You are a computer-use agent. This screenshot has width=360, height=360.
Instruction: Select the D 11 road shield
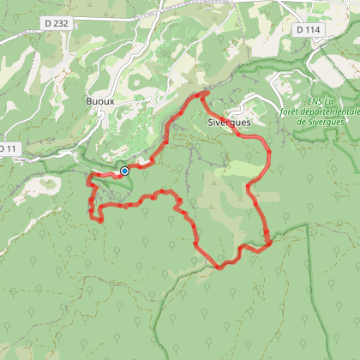(x=6, y=149)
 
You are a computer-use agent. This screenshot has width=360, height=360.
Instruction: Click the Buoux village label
(x=99, y=101)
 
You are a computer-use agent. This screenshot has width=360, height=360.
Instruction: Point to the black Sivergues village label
(x=230, y=123)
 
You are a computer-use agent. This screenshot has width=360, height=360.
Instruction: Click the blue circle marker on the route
(x=124, y=171)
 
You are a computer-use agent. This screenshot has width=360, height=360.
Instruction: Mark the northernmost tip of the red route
(x=202, y=93)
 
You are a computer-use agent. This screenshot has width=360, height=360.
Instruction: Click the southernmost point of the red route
(x=218, y=266)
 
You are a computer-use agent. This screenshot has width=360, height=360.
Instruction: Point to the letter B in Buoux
(x=87, y=101)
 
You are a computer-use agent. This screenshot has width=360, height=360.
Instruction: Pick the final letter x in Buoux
(x=111, y=101)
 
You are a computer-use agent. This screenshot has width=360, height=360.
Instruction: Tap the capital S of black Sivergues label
(x=211, y=123)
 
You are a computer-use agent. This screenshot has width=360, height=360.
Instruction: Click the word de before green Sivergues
(x=301, y=122)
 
